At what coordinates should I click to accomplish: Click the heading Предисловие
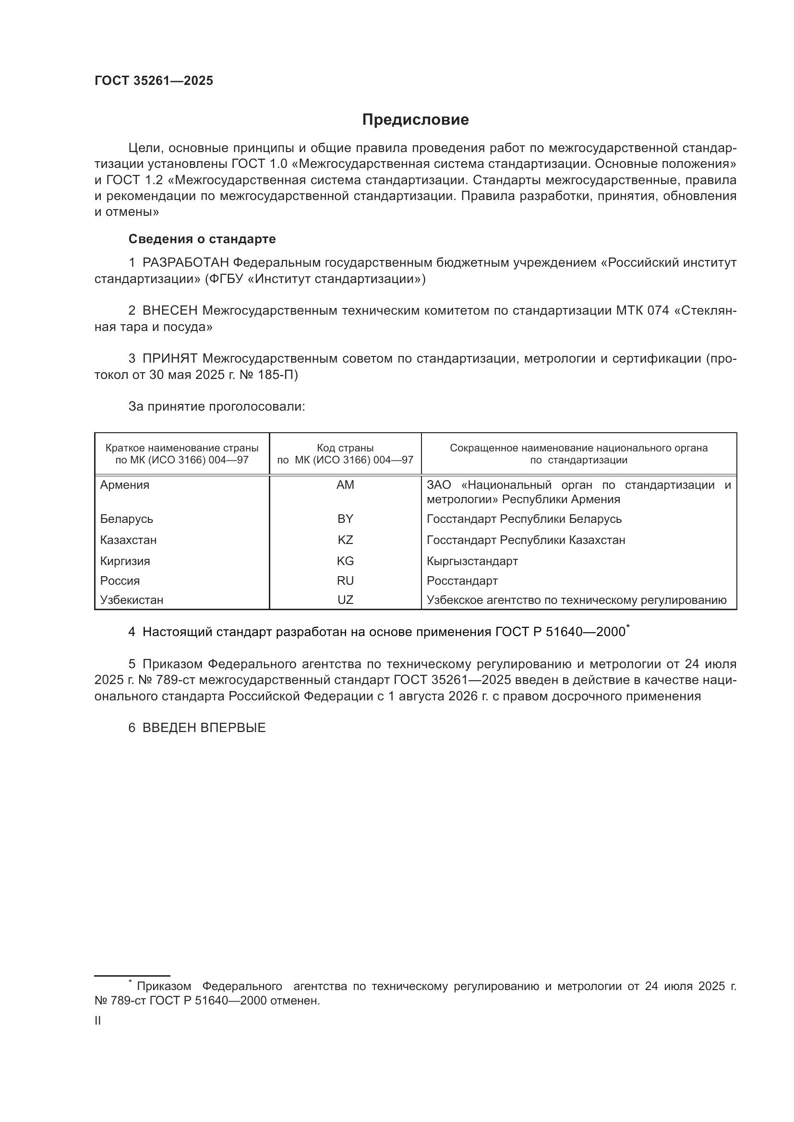[x=415, y=120]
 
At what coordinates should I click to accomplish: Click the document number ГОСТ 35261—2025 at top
[x=154, y=81]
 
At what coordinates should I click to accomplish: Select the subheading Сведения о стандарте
[x=202, y=239]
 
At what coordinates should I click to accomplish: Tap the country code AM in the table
[x=345, y=485]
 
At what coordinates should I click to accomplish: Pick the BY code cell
[x=345, y=519]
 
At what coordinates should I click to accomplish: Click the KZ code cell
[x=345, y=540]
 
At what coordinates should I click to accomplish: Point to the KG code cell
[x=345, y=561]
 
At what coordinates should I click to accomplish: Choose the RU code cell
[x=345, y=580]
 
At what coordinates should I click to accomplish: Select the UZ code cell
[x=345, y=600]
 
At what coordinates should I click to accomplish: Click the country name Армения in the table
[x=125, y=485]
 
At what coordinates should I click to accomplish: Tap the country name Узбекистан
[x=132, y=600]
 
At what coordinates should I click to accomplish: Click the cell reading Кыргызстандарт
[x=472, y=561]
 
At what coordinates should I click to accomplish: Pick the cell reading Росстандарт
[x=462, y=580]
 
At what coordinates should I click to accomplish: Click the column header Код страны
[x=345, y=448]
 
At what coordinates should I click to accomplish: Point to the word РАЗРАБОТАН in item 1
[x=185, y=263]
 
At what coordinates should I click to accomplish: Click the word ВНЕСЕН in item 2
[x=169, y=311]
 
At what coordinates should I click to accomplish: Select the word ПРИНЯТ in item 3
[x=169, y=359]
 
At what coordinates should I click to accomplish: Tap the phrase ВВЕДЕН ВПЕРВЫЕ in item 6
[x=204, y=728]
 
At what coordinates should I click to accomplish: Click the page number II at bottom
[x=98, y=1021]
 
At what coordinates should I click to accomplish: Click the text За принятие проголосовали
[x=217, y=407]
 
